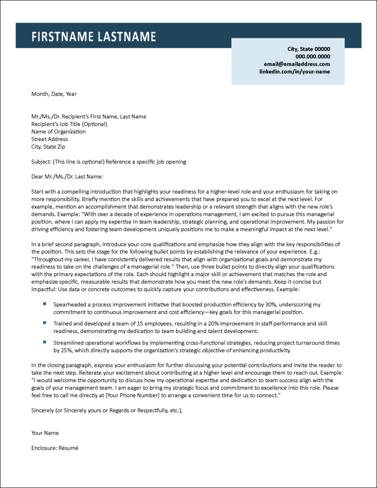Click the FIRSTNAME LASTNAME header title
tap(94, 37)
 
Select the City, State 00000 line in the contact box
tap(308, 49)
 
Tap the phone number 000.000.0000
tap(312, 56)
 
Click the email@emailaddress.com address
tap(297, 64)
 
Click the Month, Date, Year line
tap(54, 94)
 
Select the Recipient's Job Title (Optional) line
tap(69, 124)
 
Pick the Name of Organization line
tap(59, 132)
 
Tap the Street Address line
tap(50, 139)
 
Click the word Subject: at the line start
tap(41, 162)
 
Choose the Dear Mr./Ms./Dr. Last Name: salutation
tap(67, 177)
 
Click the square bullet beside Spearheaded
tap(44, 304)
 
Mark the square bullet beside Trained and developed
tap(44, 323)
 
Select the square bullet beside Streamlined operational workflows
tap(44, 342)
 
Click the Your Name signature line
tap(45, 433)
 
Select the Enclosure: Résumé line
tap(54, 448)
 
